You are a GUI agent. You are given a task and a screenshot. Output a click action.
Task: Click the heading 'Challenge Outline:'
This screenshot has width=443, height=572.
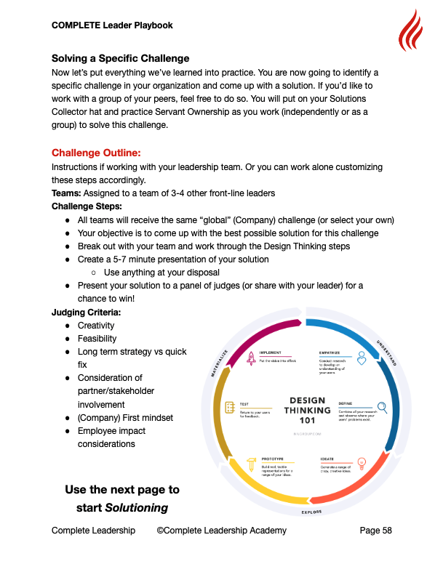point(96,153)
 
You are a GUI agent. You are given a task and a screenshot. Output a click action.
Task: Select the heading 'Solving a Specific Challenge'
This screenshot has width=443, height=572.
point(120,58)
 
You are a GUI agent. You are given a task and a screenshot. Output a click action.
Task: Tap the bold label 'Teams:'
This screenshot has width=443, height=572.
point(66,193)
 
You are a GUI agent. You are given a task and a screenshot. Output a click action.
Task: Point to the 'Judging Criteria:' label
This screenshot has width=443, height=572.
point(86,312)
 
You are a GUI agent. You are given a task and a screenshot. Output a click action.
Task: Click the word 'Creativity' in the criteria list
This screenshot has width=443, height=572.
point(97,326)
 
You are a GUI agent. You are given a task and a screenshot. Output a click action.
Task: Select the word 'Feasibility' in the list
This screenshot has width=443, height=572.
point(97,339)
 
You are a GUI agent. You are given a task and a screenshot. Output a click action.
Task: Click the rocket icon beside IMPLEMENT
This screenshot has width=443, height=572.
point(250,358)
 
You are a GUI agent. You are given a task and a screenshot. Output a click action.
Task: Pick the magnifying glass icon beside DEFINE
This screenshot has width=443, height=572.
point(383,408)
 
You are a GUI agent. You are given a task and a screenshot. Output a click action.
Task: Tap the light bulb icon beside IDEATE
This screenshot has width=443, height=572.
point(362,463)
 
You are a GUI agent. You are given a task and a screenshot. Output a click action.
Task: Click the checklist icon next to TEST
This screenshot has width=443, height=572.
point(229,408)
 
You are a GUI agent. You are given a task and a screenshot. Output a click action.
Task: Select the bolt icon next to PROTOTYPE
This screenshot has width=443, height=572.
point(250,463)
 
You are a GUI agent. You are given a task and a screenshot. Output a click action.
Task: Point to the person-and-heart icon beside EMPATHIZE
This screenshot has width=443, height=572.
point(362,358)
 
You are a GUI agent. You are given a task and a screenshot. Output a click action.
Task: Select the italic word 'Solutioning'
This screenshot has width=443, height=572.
point(137,507)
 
